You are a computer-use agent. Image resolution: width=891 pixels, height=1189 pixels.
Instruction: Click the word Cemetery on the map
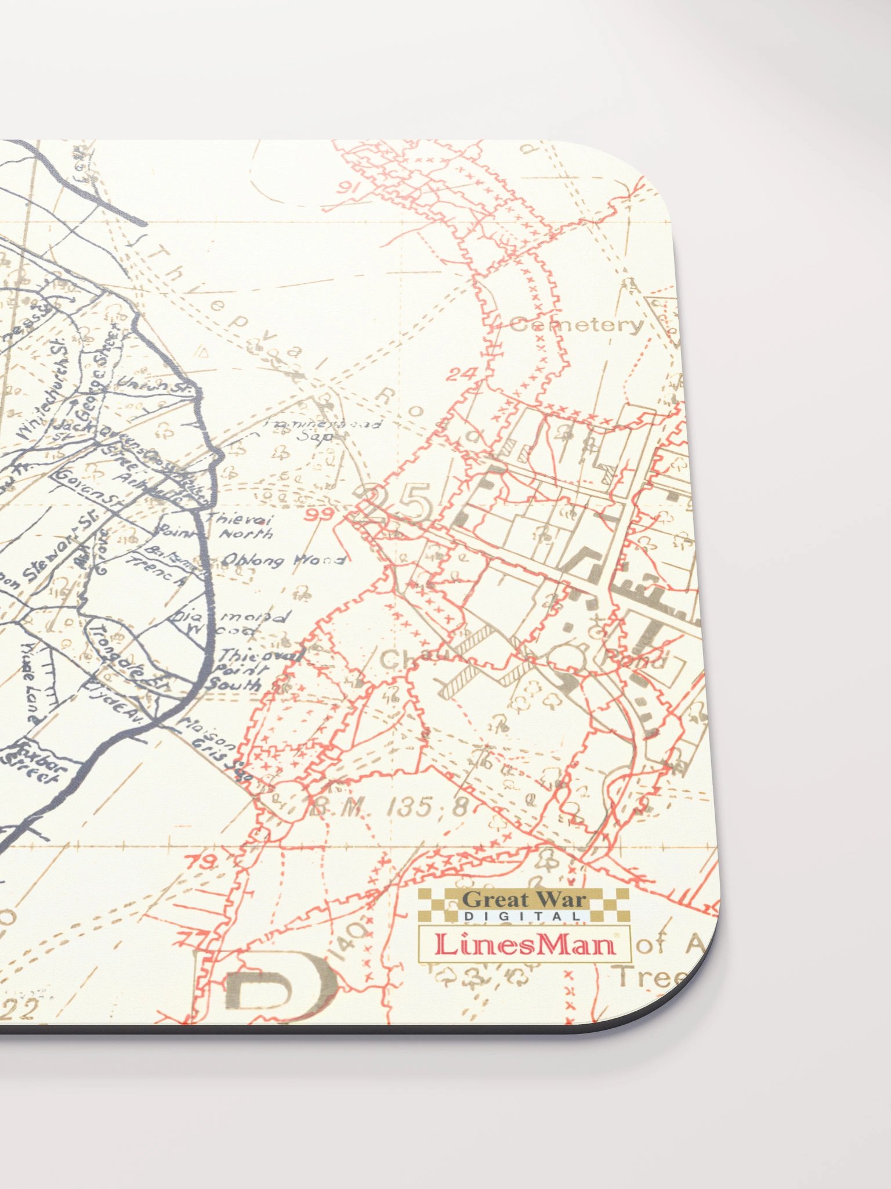[x=577, y=325]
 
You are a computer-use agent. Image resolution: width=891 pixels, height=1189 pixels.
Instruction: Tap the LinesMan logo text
[x=524, y=945]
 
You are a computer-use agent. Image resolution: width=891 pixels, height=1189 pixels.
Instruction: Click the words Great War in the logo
[x=524, y=900]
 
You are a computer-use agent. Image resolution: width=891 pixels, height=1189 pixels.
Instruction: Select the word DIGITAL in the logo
[x=522, y=916]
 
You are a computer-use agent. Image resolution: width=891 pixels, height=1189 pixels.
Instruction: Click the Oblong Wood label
[x=284, y=560]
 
